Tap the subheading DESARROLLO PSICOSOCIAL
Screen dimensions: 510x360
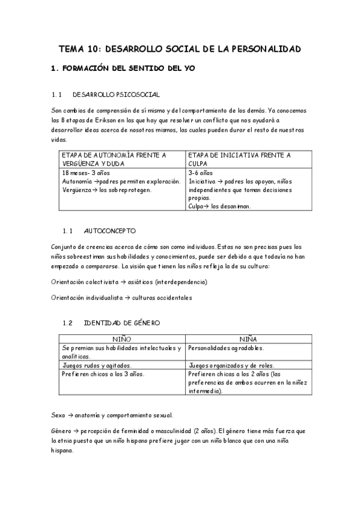tap(115, 94)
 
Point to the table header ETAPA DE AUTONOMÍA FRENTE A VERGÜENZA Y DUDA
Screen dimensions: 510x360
tap(114, 159)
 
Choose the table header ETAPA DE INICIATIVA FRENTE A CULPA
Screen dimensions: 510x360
tap(240, 159)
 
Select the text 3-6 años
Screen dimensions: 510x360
tap(200, 172)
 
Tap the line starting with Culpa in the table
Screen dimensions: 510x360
tap(219, 206)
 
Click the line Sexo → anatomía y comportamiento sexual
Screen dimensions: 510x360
tap(112, 415)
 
